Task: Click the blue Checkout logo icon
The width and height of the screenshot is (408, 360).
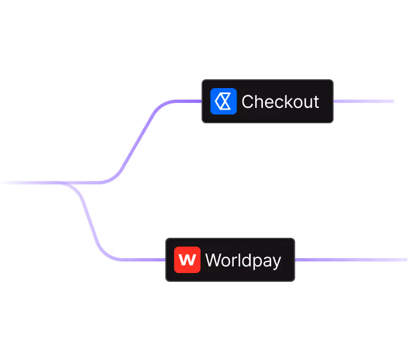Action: click(223, 101)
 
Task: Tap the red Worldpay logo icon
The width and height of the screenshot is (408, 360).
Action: click(187, 260)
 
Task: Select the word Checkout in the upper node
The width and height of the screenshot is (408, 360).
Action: click(280, 102)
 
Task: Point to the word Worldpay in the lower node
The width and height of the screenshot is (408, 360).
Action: click(243, 260)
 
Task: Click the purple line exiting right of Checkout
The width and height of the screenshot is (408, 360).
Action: click(363, 101)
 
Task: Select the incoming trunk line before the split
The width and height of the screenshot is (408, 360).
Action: click(27, 182)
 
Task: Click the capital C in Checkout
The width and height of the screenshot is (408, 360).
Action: click(247, 102)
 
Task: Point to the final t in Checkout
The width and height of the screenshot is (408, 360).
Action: click(316, 102)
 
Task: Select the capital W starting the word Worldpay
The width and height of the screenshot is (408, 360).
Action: click(213, 260)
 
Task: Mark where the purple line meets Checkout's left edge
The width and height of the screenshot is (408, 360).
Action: click(202, 101)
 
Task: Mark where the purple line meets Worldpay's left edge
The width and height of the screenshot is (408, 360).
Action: click(166, 260)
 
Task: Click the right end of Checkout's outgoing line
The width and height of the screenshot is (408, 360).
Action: click(393, 101)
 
